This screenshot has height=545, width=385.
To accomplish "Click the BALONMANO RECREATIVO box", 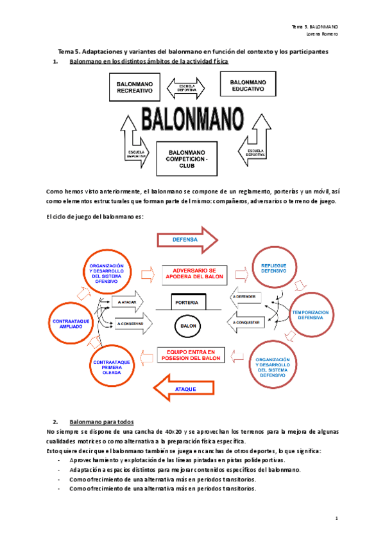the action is point(135,88).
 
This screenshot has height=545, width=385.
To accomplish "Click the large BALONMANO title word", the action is point(192,120).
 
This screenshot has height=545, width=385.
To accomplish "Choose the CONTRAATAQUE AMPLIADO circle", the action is point(71,323).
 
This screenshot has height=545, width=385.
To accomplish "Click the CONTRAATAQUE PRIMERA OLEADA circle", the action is point(112,366).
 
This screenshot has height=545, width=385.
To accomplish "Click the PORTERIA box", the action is point(187,302).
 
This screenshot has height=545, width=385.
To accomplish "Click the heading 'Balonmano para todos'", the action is point(101,422).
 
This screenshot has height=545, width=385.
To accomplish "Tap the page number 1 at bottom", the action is point(336,517).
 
